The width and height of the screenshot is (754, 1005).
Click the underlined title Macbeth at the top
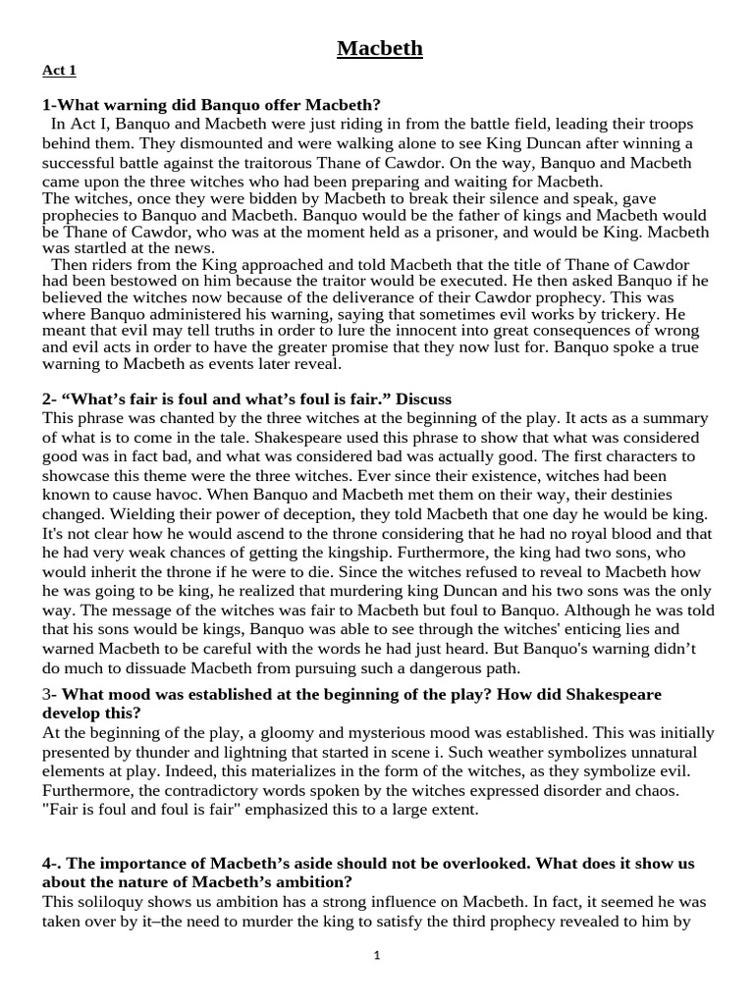click(x=380, y=48)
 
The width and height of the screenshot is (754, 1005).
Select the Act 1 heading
click(x=59, y=71)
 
